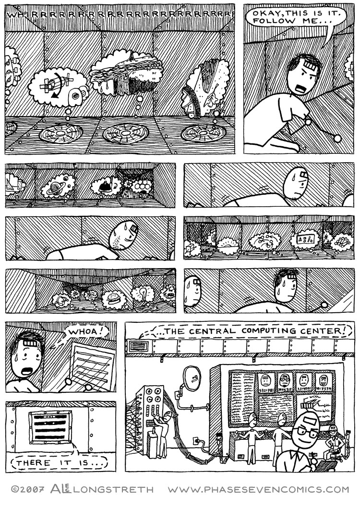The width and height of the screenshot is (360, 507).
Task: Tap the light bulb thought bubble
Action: point(144,294)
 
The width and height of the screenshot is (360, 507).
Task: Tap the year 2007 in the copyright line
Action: point(32,490)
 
